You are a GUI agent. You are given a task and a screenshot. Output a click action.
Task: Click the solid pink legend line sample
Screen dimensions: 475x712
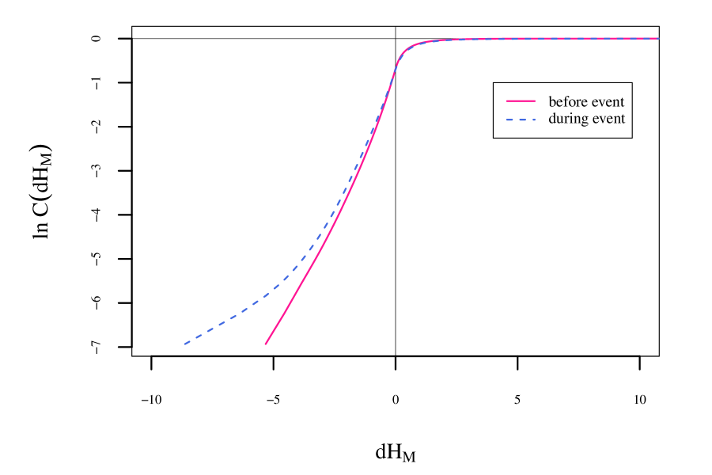[521, 101]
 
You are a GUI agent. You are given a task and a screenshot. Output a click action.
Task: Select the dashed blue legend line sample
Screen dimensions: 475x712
[521, 120]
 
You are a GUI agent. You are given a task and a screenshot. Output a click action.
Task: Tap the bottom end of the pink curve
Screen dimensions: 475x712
[265, 344]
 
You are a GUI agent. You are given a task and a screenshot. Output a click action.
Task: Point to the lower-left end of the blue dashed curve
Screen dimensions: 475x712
[184, 344]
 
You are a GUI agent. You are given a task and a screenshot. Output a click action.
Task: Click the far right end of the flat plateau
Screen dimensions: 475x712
[658, 38]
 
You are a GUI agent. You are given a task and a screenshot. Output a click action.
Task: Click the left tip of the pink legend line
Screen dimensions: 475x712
[507, 101]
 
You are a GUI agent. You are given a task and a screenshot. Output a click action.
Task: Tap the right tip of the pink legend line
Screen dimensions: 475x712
[535, 101]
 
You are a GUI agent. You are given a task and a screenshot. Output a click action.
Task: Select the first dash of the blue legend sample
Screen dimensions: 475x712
[509, 120]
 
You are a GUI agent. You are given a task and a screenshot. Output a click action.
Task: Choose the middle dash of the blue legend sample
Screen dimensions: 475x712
[521, 120]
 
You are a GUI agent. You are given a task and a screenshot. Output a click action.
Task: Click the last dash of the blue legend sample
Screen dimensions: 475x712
[532, 120]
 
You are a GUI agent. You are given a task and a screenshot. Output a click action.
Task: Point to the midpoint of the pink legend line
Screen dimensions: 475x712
[521, 101]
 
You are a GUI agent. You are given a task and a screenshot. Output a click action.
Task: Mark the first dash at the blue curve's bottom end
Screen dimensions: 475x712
[188, 342]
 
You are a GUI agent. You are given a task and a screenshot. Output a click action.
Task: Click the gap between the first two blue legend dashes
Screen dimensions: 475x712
[515, 120]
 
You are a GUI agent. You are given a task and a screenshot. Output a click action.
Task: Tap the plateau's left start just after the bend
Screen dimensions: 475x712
[427, 41]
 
